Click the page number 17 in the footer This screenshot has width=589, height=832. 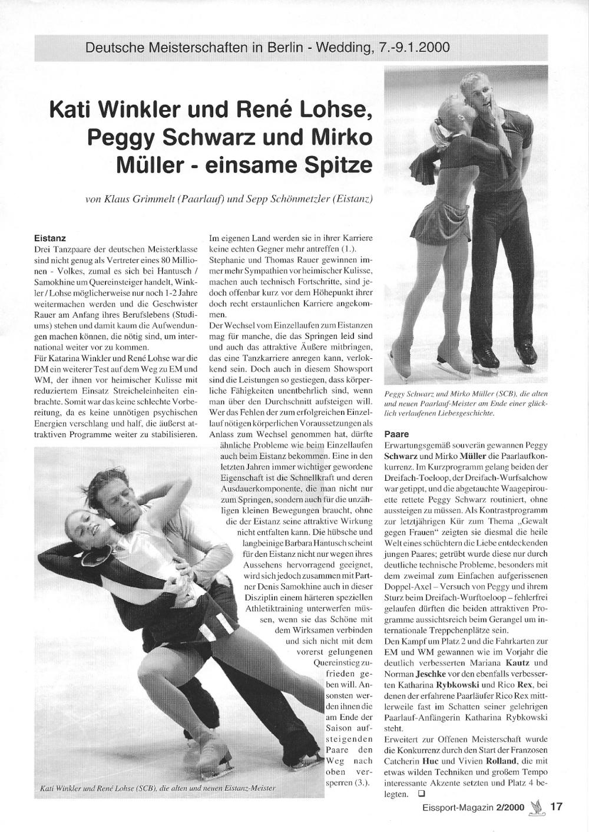point(557,807)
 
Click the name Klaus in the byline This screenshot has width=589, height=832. point(118,200)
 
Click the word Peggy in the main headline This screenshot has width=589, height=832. point(122,137)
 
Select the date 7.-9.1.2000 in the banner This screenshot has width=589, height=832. point(413,48)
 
